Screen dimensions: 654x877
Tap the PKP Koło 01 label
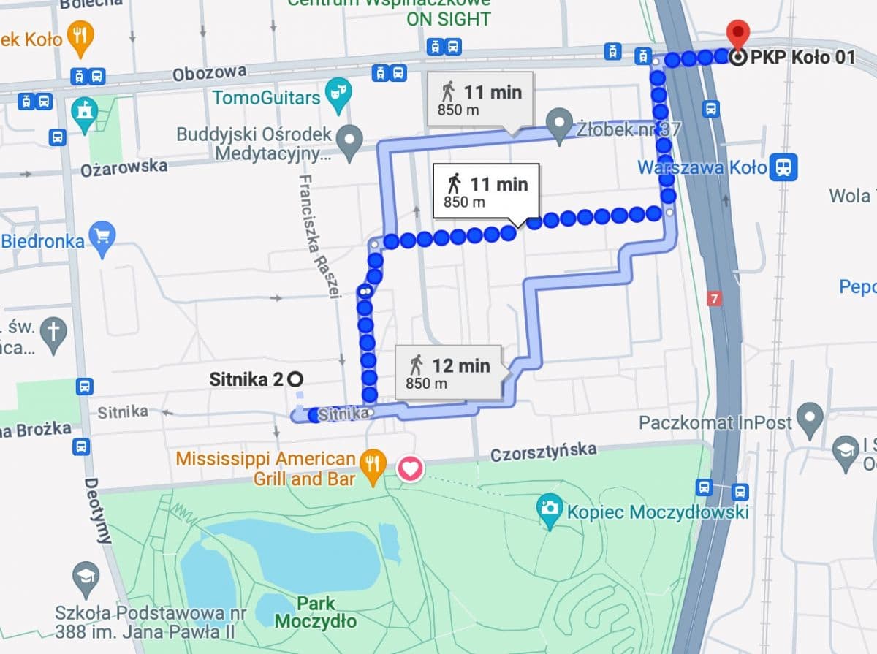click(x=801, y=57)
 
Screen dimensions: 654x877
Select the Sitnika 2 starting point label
click(x=247, y=379)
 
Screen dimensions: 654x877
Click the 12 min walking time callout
click(x=448, y=373)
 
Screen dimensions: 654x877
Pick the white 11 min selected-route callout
click(x=486, y=191)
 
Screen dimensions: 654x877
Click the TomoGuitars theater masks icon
click(x=338, y=96)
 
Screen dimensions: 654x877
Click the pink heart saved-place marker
click(x=410, y=468)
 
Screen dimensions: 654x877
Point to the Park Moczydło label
click(x=316, y=612)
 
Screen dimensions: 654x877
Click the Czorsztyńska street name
click(x=543, y=453)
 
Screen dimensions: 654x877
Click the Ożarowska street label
click(x=120, y=167)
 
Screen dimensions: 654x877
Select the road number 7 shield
click(x=714, y=299)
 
